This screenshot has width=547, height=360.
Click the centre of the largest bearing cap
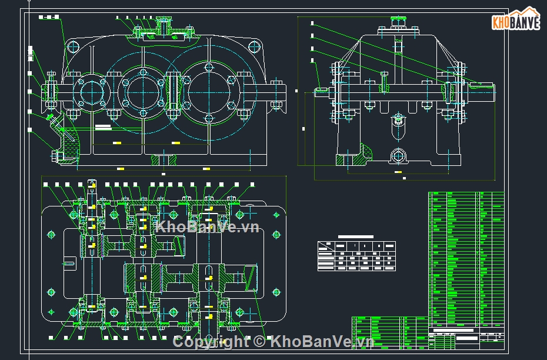click(x=209, y=92)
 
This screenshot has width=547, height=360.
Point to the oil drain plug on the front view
click(x=58, y=156)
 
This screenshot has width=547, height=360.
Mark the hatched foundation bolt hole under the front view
click(x=163, y=159)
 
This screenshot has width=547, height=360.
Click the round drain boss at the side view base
click(x=398, y=156)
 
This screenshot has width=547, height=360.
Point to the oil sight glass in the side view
click(x=398, y=120)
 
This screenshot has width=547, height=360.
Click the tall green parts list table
click(x=466, y=259)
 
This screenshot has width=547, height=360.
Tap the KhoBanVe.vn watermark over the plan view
click(x=207, y=227)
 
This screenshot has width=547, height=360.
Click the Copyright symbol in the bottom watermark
click(x=259, y=341)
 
